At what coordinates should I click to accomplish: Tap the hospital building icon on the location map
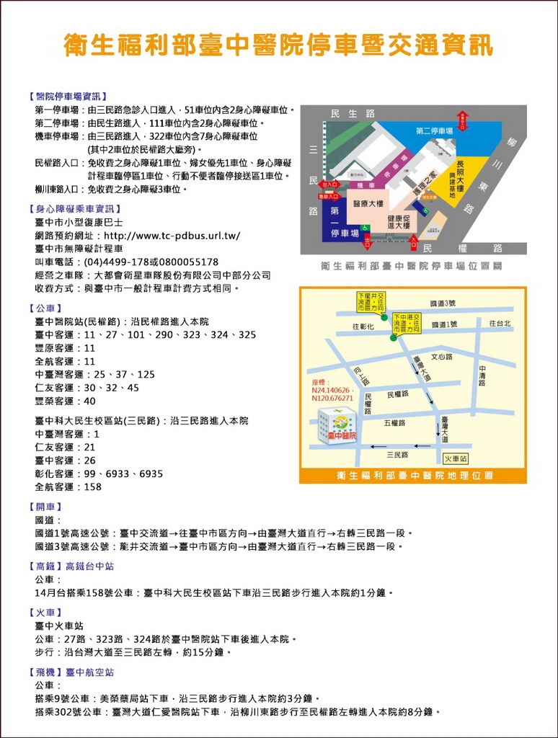point(337,425)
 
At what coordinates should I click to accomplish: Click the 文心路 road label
point(442,356)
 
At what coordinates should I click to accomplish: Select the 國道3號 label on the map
point(443,303)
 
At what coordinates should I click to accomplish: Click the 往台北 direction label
point(500,324)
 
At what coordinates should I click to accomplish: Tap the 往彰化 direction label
point(363,326)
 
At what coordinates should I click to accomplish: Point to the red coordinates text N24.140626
point(331,390)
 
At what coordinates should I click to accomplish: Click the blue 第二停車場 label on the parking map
point(434,131)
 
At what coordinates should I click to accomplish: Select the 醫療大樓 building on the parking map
point(368,204)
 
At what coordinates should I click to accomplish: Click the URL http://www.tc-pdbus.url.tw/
point(172,236)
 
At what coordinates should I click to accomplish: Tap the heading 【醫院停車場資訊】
point(67,97)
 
